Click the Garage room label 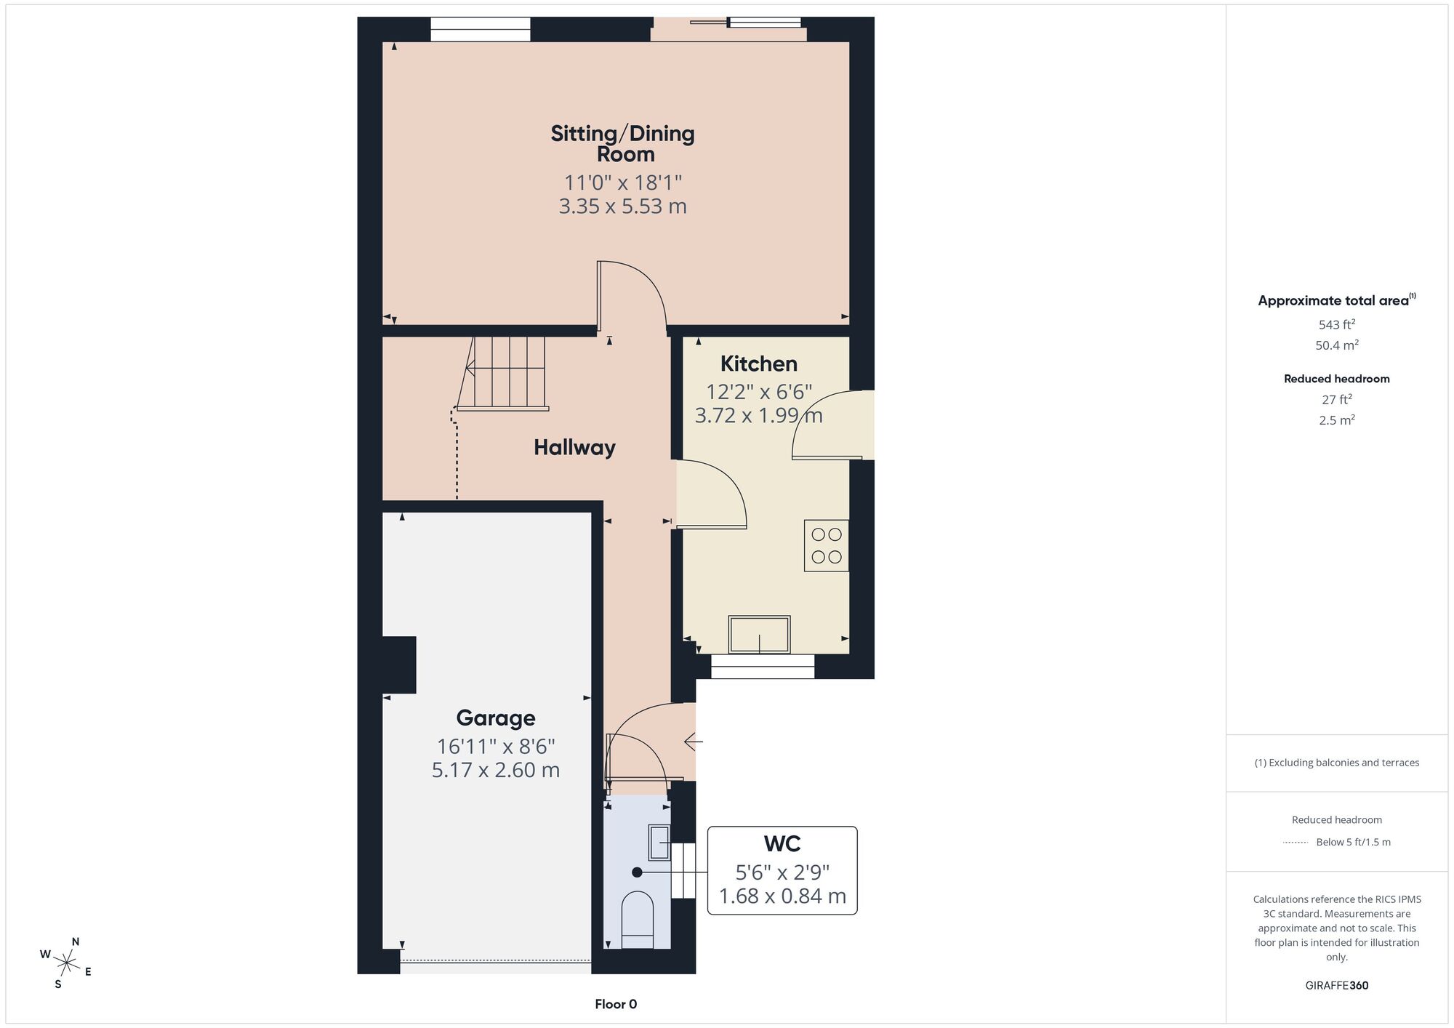[496, 718]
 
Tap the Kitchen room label [759, 364]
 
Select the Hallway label [574, 448]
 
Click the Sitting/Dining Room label [623, 143]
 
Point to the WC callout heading [782, 844]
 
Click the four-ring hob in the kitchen [827, 545]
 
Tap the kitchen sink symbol [759, 635]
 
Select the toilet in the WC [638, 920]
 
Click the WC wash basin [659, 843]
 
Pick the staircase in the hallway [502, 374]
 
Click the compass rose [66, 964]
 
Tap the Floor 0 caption [616, 1005]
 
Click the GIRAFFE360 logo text [1337, 986]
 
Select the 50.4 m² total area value [1337, 345]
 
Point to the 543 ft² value [1337, 325]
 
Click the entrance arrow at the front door [694, 742]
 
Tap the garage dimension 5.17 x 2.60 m [496, 770]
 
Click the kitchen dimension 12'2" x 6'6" [759, 392]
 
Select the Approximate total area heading [1337, 300]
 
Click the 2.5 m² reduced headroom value [1337, 420]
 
